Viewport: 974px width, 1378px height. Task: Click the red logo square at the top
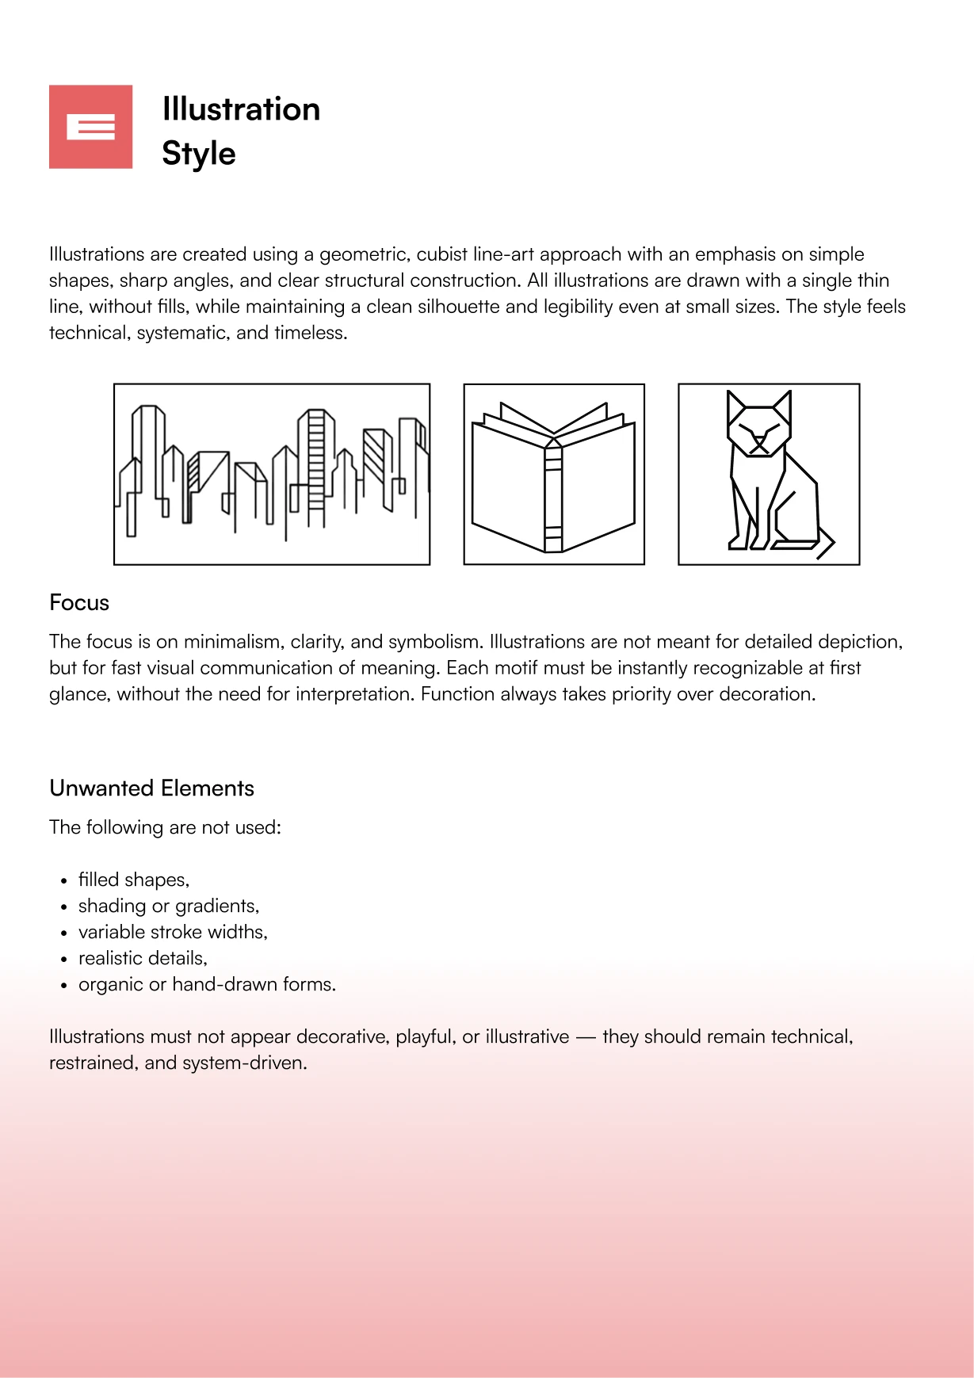pos(90,127)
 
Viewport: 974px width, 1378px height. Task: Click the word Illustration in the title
pos(241,109)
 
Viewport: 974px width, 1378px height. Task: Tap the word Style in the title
pos(199,154)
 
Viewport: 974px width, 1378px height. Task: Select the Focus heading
pos(79,603)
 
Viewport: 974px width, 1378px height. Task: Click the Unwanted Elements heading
pos(151,788)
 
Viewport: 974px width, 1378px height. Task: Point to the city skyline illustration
pos(272,474)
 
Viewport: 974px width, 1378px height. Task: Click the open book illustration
pos(554,474)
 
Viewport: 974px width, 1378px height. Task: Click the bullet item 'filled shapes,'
pos(134,880)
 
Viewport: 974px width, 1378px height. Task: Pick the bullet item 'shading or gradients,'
pos(169,906)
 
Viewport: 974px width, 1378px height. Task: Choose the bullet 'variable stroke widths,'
pos(173,932)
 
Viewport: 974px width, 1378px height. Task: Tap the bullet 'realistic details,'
pos(143,958)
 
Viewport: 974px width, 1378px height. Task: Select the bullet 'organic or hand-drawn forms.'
pos(207,984)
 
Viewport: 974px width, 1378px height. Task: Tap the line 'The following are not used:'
pos(165,827)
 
